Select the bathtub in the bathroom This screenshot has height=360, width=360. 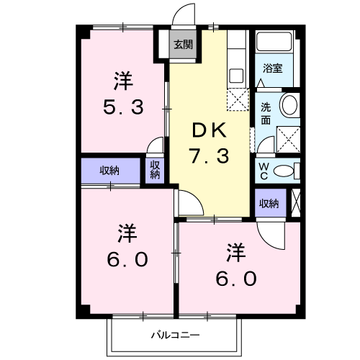point(274,42)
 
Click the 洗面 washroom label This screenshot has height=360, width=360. point(265,114)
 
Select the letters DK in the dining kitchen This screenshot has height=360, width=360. point(208,130)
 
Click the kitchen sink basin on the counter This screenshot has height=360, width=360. point(236,74)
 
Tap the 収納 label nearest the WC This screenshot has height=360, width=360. point(269,204)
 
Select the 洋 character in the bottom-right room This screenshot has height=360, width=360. point(235,252)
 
